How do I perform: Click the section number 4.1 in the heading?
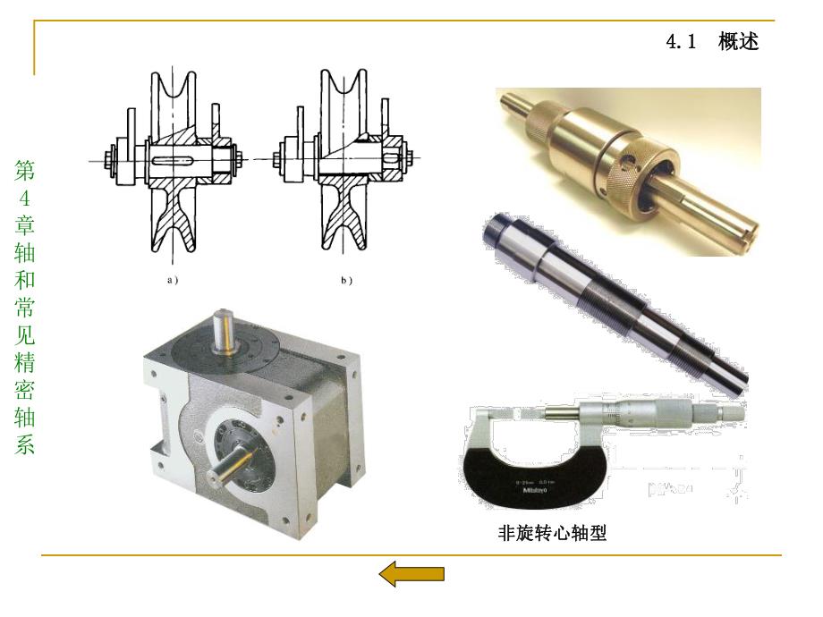(x=681, y=42)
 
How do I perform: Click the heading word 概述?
(x=739, y=42)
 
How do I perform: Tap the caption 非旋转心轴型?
(x=552, y=534)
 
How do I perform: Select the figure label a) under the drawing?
(x=173, y=279)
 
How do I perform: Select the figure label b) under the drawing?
(x=346, y=279)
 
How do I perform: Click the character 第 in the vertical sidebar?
(x=24, y=170)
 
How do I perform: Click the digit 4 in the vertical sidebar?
(x=24, y=198)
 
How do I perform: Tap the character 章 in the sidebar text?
(x=24, y=224)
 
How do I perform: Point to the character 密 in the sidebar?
(x=24, y=390)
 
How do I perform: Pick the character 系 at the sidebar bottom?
(x=24, y=444)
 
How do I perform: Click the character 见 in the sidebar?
(x=24, y=334)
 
